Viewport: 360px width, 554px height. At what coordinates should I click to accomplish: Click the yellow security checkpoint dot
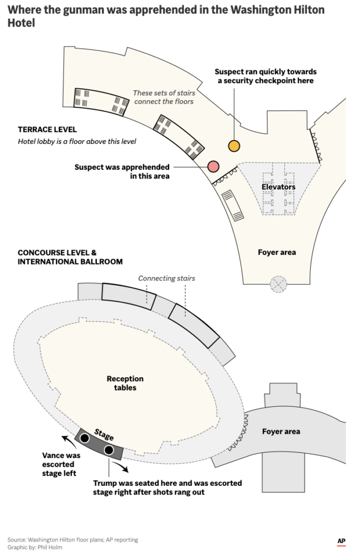coord(234,146)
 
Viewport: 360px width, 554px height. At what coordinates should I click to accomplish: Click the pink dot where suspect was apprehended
coord(213,167)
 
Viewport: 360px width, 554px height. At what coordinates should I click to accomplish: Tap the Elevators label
coord(278,187)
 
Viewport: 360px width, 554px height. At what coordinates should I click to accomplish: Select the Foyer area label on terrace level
coord(277,252)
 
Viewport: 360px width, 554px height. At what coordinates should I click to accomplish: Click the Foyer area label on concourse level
coord(281,431)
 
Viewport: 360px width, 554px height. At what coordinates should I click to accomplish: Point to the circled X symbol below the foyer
coord(278,283)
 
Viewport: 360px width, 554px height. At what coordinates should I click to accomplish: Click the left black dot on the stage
coord(85,438)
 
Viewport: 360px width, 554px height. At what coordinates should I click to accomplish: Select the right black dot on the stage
coord(109,450)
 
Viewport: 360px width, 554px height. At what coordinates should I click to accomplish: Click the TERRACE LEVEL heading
coord(47,130)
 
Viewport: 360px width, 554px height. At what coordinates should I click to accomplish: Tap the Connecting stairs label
coord(166,279)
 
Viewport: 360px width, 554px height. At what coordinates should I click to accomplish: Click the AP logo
coord(341,540)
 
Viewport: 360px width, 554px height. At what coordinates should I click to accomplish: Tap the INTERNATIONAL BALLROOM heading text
coord(70,262)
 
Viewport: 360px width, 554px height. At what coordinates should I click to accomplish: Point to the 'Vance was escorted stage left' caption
coord(61,464)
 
